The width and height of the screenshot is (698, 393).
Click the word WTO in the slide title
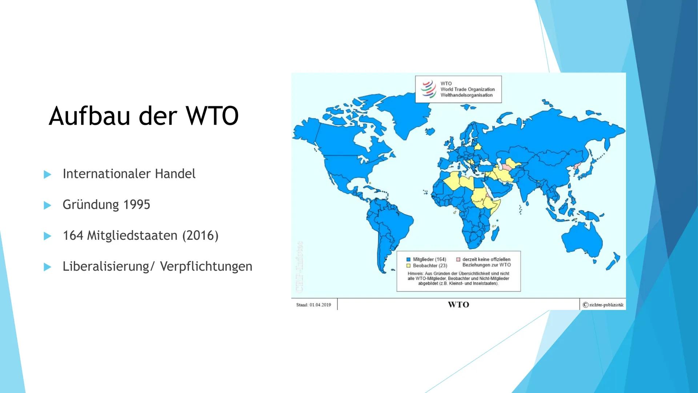click(212, 116)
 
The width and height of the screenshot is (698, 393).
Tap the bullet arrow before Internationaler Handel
click(47, 174)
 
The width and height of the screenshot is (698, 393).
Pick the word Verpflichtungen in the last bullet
click(206, 266)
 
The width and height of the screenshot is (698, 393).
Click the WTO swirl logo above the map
click(428, 89)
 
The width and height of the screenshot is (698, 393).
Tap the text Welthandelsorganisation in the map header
click(466, 95)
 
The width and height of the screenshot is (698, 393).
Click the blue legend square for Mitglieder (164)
click(408, 259)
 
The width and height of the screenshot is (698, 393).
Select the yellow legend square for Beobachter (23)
click(408, 266)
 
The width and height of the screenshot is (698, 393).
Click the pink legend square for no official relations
click(458, 259)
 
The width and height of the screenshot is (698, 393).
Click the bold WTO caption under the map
click(458, 305)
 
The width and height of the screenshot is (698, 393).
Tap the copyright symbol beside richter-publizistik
click(585, 305)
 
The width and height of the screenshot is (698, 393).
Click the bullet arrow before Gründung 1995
click(47, 205)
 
